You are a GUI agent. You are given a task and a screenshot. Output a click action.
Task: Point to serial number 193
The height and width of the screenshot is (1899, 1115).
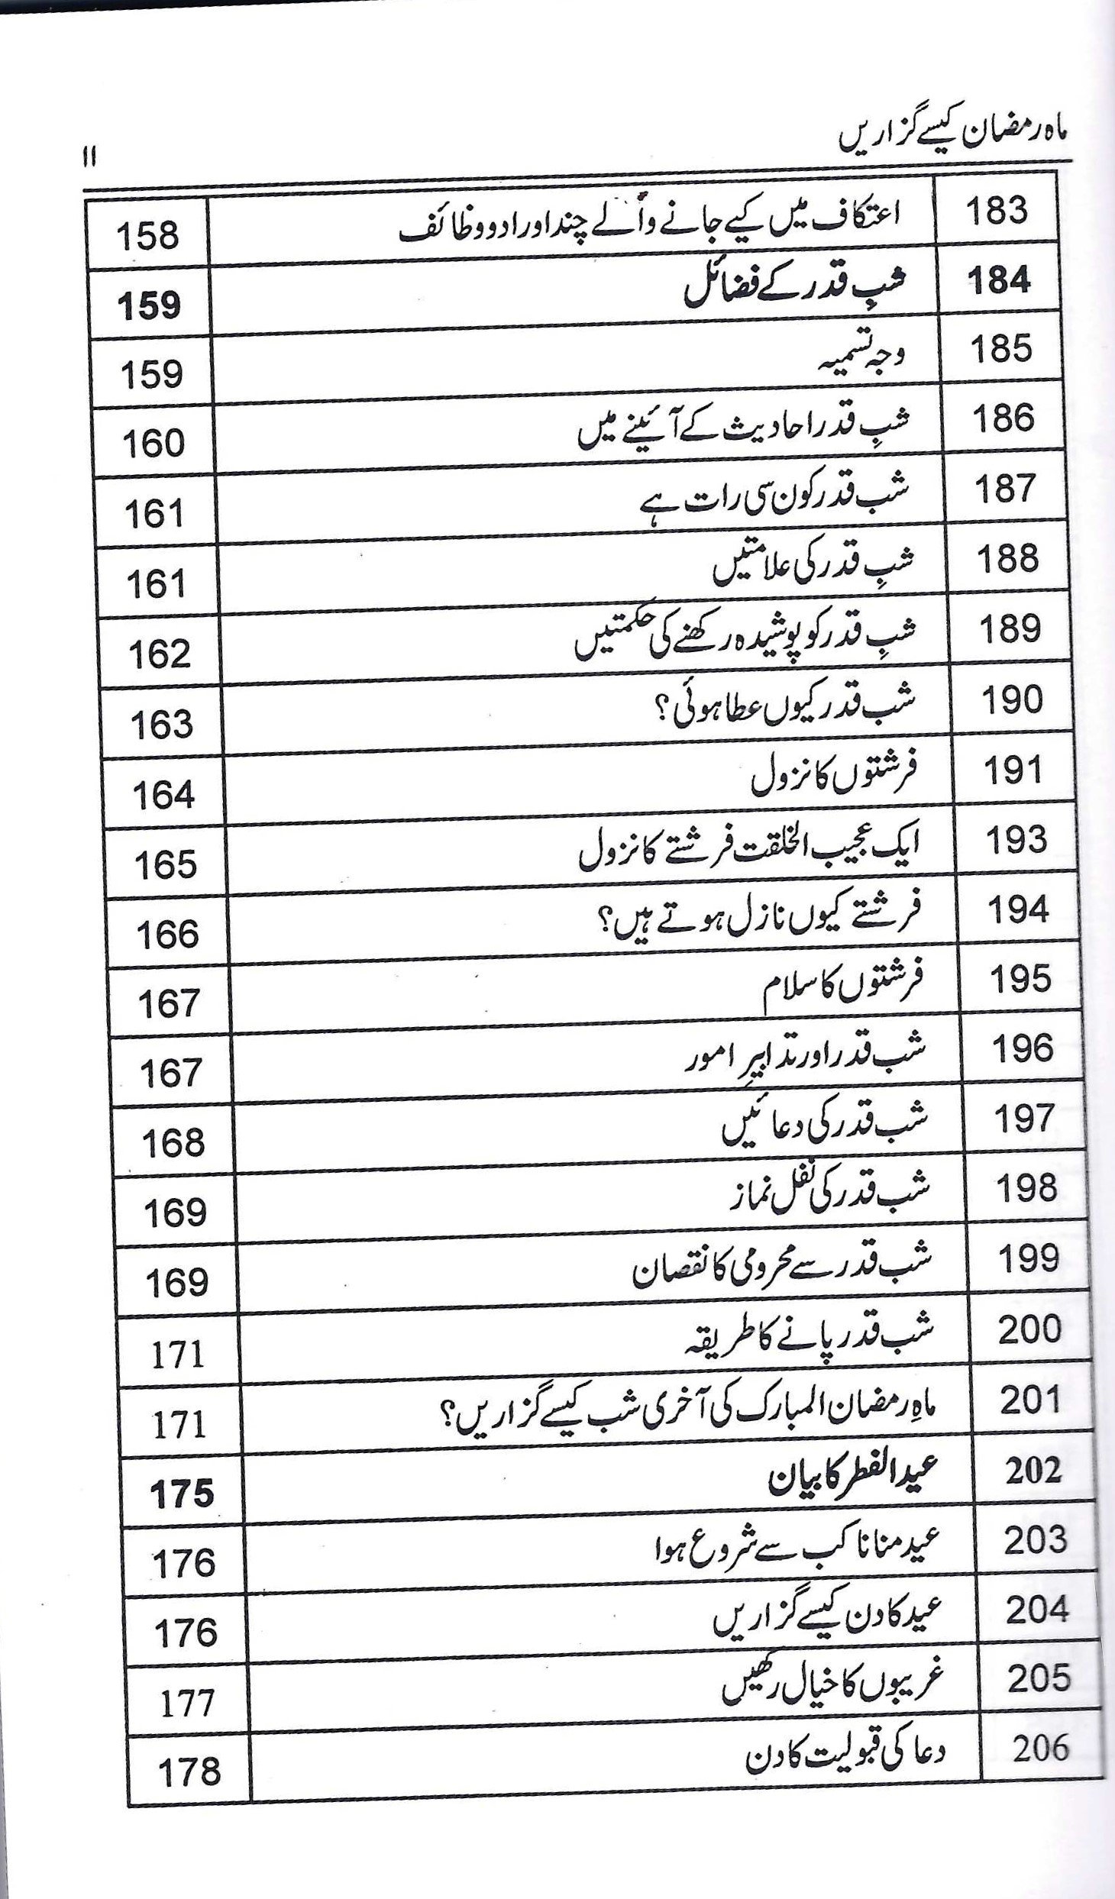[x=1016, y=841]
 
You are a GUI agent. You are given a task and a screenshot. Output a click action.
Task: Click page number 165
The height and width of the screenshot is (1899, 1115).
[x=166, y=864]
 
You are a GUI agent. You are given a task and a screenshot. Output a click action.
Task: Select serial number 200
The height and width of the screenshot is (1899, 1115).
[x=1029, y=1329]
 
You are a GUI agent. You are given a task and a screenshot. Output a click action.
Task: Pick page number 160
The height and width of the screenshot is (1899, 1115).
[x=153, y=444]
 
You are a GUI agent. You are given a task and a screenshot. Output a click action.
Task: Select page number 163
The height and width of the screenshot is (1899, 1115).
[x=162, y=724]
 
